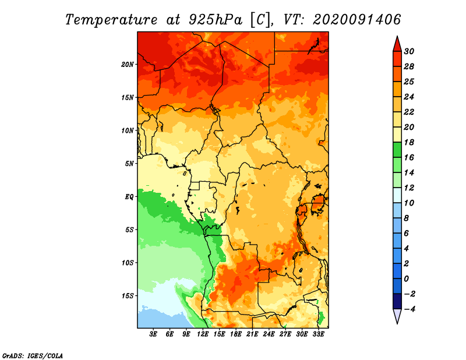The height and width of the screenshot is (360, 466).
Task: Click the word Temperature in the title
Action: [x=111, y=20]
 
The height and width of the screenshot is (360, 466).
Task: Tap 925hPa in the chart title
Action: [x=216, y=20]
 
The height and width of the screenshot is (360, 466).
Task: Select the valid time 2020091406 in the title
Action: [x=356, y=20]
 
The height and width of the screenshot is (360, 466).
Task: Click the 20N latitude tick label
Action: [x=128, y=65]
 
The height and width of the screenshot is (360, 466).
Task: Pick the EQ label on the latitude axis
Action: [x=129, y=197]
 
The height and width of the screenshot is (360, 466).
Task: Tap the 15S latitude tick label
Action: [x=128, y=296]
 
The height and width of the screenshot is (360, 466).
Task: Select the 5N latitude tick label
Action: [x=129, y=164]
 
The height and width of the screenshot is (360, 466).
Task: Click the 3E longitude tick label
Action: [x=153, y=334]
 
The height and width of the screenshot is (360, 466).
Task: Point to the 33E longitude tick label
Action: [x=318, y=334]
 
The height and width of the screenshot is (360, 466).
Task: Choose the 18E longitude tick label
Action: [x=236, y=334]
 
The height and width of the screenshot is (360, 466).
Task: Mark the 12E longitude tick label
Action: [x=203, y=334]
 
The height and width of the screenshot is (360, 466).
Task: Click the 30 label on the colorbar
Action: [x=409, y=51]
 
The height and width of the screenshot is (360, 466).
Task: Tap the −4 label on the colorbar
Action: [x=409, y=309]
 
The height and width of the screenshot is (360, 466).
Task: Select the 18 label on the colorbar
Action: [x=409, y=142]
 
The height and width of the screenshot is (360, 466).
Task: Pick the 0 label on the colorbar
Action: [x=406, y=279]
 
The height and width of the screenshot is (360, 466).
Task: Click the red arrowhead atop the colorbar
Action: [x=397, y=44]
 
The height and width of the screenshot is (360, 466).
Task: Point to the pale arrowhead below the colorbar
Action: [x=397, y=316]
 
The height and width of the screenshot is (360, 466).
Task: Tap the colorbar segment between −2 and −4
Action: [x=397, y=301]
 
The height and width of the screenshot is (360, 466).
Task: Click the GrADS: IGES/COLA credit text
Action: [x=33, y=355]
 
